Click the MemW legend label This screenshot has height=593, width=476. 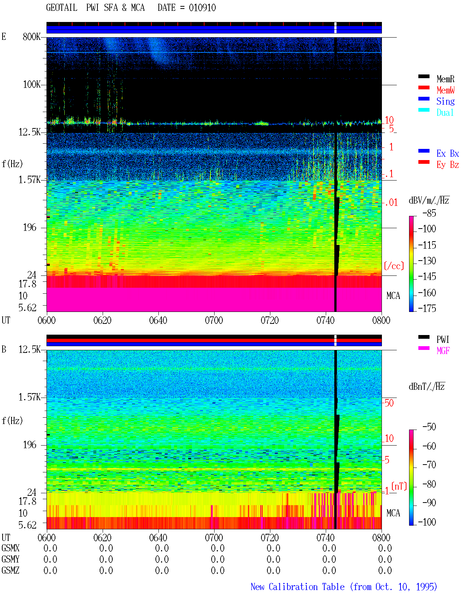(445, 90)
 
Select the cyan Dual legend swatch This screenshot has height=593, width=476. (424, 110)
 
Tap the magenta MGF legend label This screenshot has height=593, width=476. (443, 351)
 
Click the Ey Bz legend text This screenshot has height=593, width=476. (447, 165)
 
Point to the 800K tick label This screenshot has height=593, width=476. (32, 36)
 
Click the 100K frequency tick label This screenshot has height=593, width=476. (32, 85)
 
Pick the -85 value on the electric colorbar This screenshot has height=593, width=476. (429, 213)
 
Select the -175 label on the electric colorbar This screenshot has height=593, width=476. (427, 308)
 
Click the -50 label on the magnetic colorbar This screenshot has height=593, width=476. (429, 427)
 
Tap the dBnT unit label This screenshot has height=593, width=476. (427, 387)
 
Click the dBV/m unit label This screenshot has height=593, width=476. (429, 200)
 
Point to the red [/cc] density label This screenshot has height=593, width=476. (394, 266)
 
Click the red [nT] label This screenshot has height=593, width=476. (399, 486)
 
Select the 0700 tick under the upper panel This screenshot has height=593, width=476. (214, 321)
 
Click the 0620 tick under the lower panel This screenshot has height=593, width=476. (102, 538)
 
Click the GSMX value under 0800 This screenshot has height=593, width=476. (385, 548)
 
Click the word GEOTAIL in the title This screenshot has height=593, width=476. (62, 7)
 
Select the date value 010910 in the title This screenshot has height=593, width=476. (202, 7)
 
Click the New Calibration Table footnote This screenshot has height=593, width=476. (344, 587)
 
